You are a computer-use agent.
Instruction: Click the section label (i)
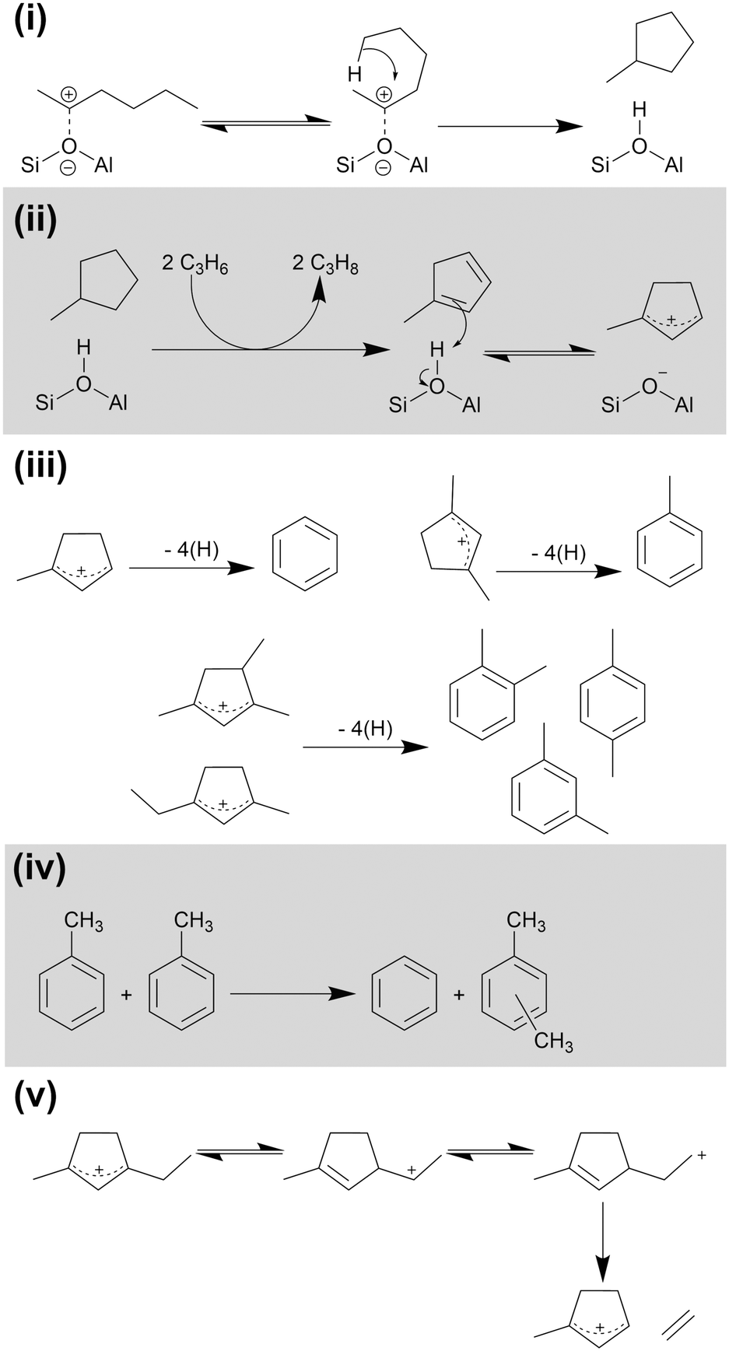[30, 19]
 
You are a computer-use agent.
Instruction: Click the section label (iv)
[39, 869]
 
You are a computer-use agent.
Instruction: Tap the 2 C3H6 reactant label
[195, 264]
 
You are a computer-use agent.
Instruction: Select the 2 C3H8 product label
[325, 264]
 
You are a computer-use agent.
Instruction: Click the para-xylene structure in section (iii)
[613, 703]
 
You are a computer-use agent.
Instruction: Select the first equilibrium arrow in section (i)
[265, 122]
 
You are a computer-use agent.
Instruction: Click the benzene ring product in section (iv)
[404, 995]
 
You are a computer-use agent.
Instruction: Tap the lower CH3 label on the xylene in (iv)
[553, 1041]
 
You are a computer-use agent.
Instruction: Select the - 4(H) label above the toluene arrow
[558, 553]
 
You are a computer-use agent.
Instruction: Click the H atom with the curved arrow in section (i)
[355, 75]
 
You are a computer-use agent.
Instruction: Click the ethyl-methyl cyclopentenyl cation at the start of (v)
[100, 1163]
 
